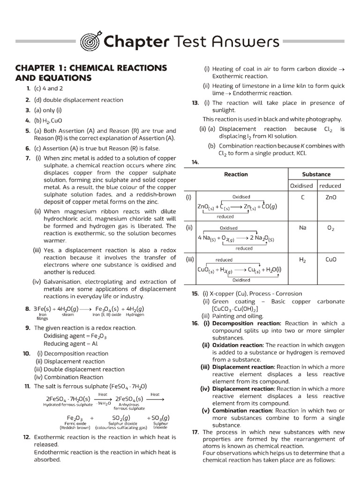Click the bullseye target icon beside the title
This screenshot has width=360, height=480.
coord(90,42)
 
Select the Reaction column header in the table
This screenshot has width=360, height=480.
coord(236,174)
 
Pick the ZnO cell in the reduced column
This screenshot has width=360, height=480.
coord(330,197)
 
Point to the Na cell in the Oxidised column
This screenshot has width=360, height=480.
coord(302,228)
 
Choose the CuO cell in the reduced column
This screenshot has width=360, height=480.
coord(330,259)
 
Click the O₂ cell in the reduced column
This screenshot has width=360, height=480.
coord(330,228)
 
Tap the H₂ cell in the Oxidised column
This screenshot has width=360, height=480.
coord(302,259)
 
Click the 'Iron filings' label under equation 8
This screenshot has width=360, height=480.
coord(43,316)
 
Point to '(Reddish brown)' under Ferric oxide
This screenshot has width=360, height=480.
coord(75,427)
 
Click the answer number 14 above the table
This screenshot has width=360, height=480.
coord(195,162)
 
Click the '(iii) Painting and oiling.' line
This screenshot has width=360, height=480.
coord(230,316)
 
